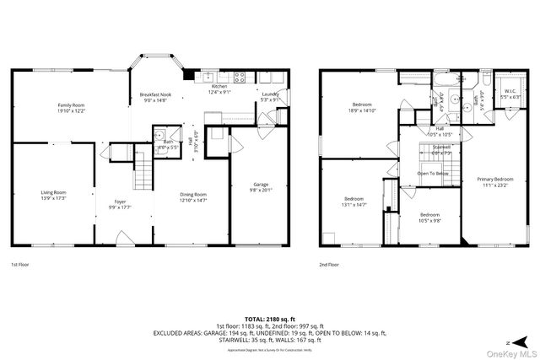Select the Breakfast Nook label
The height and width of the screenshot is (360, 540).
click(155, 95)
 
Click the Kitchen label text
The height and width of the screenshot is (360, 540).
click(219, 87)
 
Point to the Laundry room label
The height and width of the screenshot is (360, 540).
click(270, 94)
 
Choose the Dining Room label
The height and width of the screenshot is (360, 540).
click(192, 195)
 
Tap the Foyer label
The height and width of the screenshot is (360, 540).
click(121, 201)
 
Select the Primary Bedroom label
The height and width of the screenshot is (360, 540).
click(494, 180)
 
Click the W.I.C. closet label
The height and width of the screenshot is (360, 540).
click(510, 91)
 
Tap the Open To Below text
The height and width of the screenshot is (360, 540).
click(433, 174)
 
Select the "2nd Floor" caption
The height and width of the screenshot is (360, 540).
click(330, 264)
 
